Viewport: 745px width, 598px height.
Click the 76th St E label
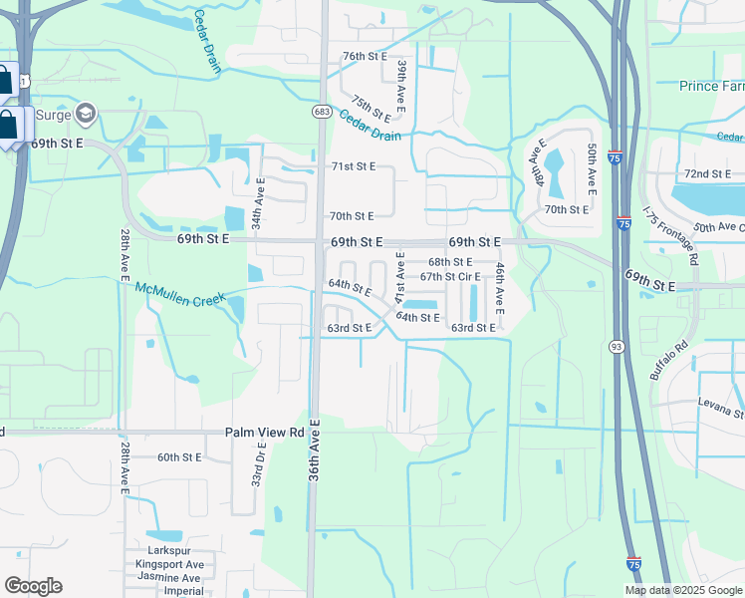click(364, 56)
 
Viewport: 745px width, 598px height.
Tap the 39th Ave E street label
click(401, 84)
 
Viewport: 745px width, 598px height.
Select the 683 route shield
click(321, 112)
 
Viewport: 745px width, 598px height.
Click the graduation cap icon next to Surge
click(86, 113)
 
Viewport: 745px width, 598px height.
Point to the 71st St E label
click(353, 166)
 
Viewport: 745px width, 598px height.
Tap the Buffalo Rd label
click(669, 362)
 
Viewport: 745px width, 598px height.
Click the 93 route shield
click(618, 346)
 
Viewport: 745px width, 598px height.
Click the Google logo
click(33, 586)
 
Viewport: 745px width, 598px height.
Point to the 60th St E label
click(179, 456)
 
